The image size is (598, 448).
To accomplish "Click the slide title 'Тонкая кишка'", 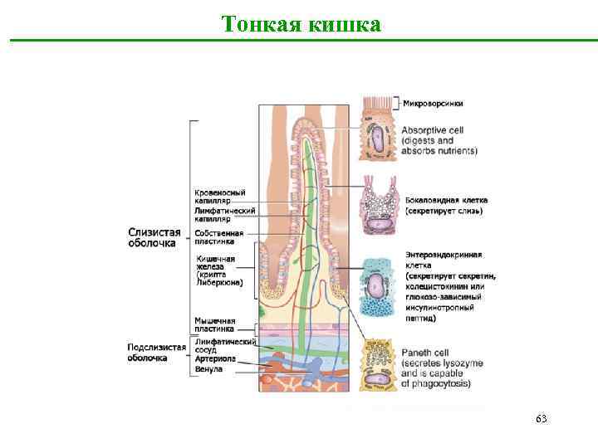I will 302,25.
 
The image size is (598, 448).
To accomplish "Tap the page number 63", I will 541,419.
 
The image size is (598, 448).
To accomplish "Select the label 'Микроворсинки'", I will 434,104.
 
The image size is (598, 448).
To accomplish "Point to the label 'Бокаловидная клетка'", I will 447,200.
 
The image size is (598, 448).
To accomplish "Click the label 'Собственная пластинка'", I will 218,237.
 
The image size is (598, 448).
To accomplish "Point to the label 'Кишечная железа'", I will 215,260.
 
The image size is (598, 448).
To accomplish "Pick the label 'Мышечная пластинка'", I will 214,324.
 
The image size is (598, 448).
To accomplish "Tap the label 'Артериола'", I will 215,358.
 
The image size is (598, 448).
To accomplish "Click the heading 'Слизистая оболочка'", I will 154,237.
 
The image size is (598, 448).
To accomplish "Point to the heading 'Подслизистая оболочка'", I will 156,352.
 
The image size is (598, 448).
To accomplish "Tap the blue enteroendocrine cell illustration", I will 379,287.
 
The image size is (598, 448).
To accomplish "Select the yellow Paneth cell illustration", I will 379,365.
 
